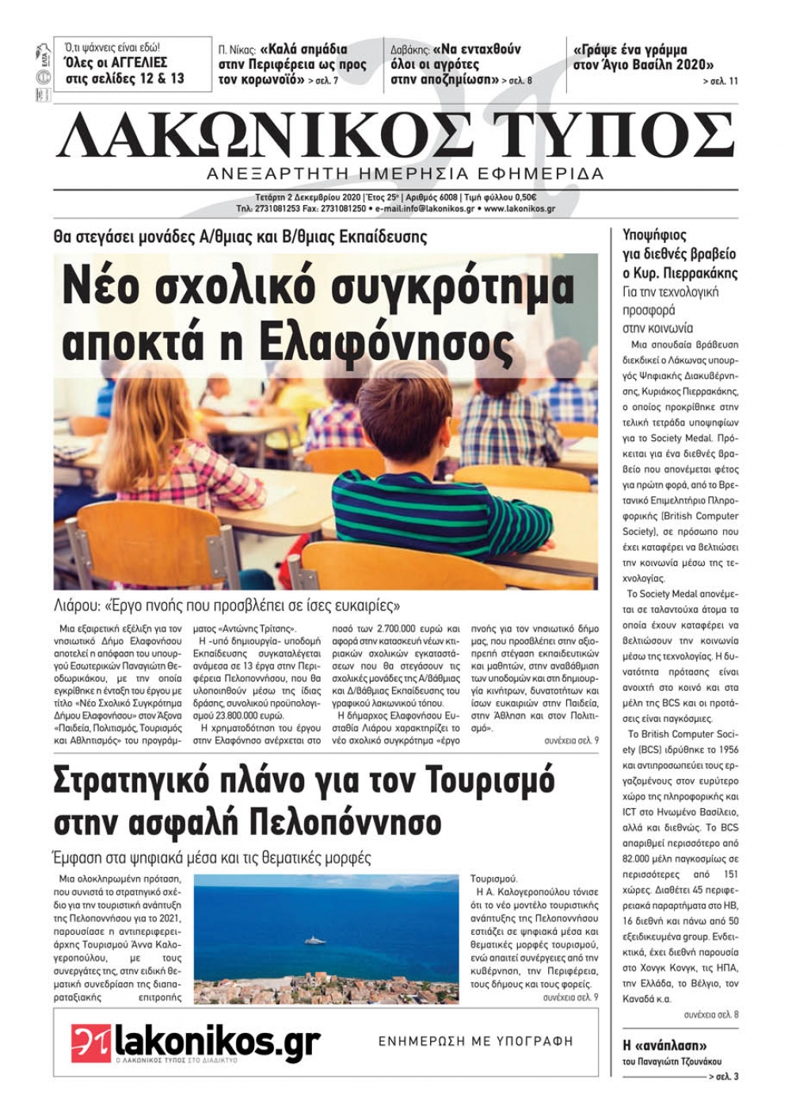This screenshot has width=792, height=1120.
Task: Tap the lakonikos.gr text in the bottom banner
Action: [217, 1041]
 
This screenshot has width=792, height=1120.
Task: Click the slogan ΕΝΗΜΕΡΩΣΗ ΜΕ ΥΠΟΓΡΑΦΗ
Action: [475, 1042]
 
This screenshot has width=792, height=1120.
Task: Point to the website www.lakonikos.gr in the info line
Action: [519, 209]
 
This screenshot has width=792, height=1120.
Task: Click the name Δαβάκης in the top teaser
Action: [410, 49]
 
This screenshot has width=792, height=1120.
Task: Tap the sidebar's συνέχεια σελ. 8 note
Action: [710, 1014]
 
